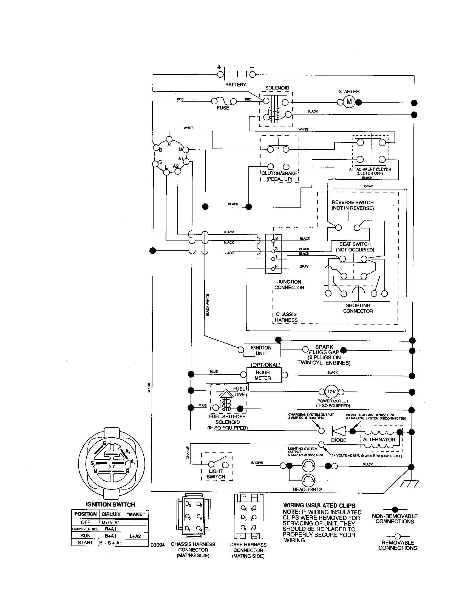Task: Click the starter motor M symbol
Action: pos(349,102)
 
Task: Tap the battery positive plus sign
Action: pos(219,67)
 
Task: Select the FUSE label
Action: pos(223,108)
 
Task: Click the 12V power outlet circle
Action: pos(331,392)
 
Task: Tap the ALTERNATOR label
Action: pos(379,440)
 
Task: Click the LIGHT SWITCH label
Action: pos(216,474)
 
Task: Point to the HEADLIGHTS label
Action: pos(307,489)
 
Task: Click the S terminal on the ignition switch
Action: pos(169,139)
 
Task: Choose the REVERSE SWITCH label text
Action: pos(353,205)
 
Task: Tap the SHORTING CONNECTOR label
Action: pos(358,308)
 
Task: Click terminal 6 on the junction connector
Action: pos(273,268)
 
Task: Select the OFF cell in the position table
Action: pos(85,522)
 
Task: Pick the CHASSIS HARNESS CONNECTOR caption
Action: pos(193,550)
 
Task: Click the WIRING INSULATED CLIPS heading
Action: pos(319,505)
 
